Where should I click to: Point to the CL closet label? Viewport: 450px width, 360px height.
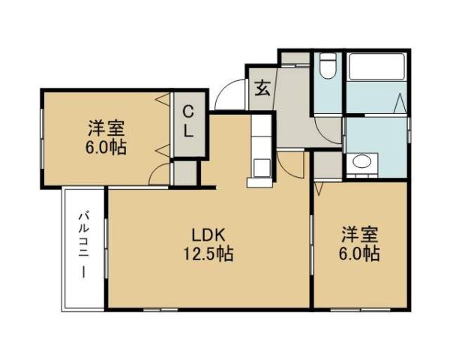(x=189, y=123)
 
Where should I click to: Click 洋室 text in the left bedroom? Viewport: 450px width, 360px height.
(x=104, y=128)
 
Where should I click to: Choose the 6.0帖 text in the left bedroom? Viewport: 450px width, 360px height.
(x=104, y=148)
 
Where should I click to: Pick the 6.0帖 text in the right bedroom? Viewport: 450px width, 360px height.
(x=358, y=253)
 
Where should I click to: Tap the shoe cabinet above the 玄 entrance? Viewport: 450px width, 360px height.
(x=295, y=57)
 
